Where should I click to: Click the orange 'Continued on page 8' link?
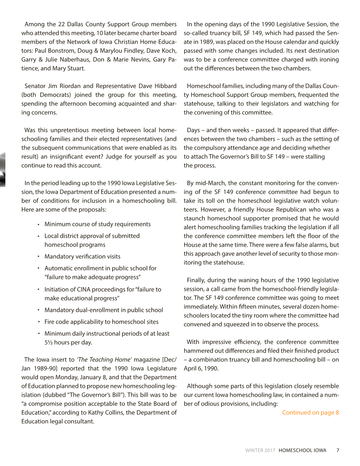[x=310, y=413]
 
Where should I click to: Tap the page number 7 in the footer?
[x=337, y=451]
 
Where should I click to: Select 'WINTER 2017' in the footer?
[x=260, y=451]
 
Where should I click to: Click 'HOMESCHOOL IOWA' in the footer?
[x=302, y=451]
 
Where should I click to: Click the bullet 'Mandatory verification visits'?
[x=82, y=257]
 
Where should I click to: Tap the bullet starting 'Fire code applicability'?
[x=101, y=322]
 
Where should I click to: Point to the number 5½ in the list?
[x=48, y=343]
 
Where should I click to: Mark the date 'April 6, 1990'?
[x=201, y=368]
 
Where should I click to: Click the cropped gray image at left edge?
[x=3, y=170]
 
